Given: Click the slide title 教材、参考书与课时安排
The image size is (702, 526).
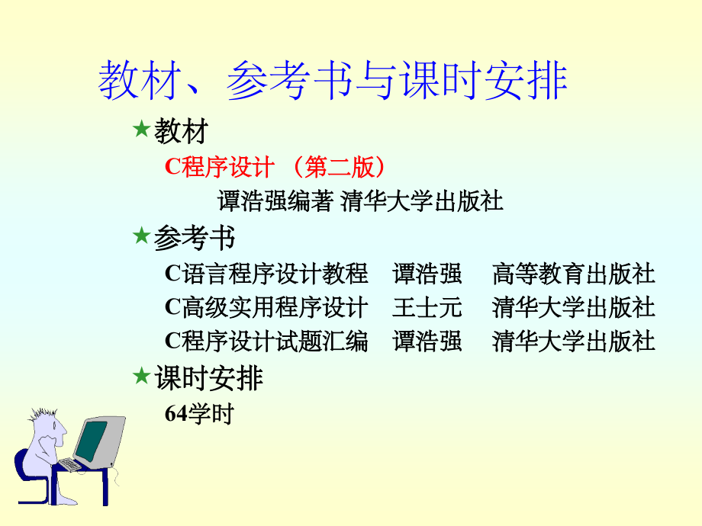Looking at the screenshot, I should [x=333, y=82].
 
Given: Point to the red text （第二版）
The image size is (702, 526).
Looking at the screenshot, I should [x=339, y=167].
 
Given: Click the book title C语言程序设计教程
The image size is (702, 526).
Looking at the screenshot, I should [x=266, y=274].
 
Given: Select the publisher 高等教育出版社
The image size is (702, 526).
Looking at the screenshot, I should [x=574, y=274].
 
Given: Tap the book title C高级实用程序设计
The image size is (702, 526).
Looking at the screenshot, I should [x=266, y=307].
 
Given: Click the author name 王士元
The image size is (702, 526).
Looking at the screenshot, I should [x=427, y=307].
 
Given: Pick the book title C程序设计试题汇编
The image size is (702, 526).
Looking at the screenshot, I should [x=266, y=341].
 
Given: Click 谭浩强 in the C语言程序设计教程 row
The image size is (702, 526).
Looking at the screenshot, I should [x=427, y=274].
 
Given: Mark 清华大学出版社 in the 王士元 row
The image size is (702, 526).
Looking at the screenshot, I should [x=574, y=307].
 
